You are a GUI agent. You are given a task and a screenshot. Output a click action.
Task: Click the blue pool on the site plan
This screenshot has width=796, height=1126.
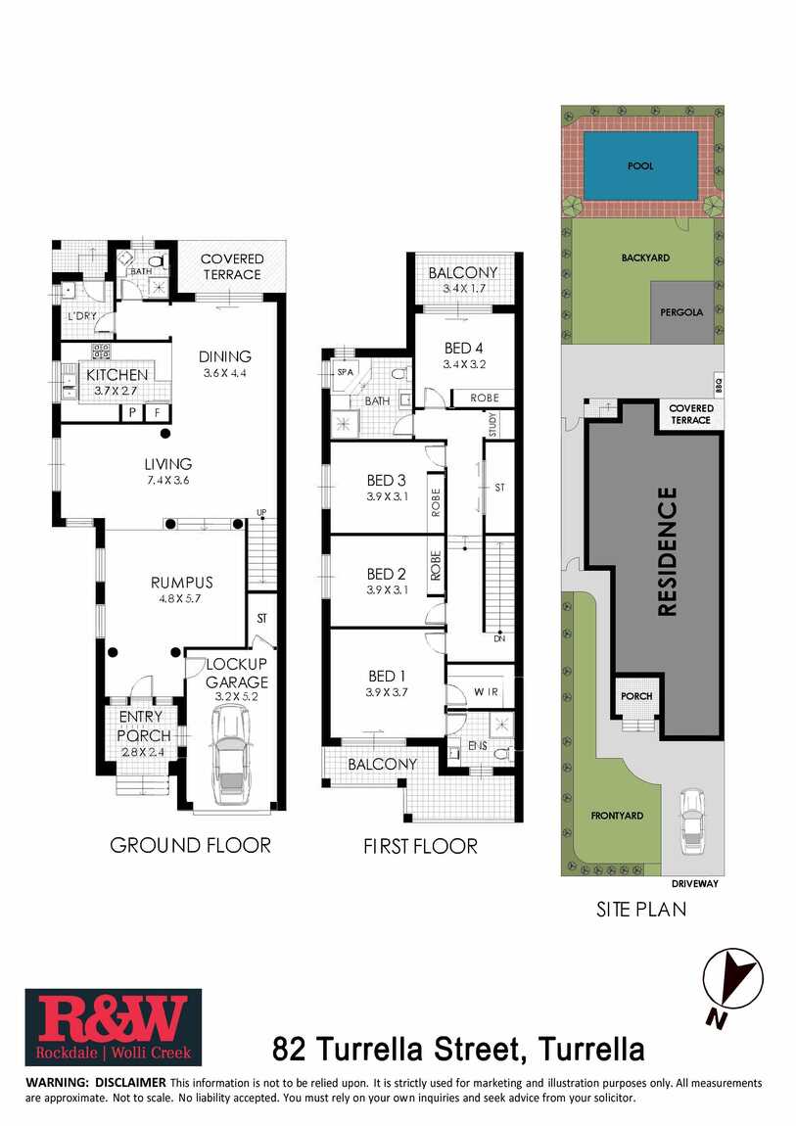640,165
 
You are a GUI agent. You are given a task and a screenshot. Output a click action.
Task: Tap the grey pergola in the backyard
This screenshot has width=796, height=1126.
681,312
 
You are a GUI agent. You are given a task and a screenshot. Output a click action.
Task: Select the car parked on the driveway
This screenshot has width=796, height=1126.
692,818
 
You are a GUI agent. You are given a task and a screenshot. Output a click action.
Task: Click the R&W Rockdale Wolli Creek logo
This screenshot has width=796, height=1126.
114,1027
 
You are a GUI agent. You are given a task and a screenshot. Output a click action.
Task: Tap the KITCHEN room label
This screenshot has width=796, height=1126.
117,375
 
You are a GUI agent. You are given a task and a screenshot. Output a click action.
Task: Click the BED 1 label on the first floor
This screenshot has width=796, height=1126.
387,676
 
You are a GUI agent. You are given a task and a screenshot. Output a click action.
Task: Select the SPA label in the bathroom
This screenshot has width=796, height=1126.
346,372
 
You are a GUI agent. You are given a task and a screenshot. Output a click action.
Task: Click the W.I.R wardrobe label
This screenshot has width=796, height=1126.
486,691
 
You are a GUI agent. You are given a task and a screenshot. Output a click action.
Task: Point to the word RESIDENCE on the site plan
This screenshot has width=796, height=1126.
668,551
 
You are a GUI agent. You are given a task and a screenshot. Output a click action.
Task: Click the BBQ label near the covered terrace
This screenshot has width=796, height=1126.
719,386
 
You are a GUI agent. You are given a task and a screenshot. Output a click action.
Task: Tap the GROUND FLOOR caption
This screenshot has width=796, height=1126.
190,845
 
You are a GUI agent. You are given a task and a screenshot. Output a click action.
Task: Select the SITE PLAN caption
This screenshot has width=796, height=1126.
641,910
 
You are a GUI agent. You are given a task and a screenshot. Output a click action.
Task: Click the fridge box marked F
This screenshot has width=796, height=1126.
158,413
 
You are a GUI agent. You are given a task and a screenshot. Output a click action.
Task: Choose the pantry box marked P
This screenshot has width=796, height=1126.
132,413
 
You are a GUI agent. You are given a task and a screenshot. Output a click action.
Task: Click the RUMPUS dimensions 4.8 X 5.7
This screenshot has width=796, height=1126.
181,598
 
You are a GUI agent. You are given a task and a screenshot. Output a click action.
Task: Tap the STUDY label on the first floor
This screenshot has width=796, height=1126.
493,424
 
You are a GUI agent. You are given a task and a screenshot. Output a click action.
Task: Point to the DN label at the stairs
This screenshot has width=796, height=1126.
498,637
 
